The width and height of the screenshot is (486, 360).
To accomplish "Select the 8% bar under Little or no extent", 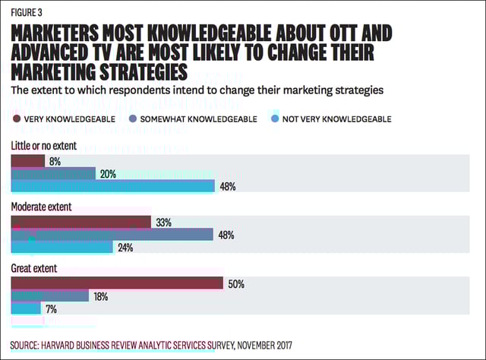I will coord(27,161).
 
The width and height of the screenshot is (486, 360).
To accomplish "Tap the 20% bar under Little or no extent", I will coord(52,173).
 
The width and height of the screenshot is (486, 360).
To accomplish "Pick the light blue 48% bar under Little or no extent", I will coord(112,186).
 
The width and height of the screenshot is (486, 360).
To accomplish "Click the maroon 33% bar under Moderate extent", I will coord(80,223).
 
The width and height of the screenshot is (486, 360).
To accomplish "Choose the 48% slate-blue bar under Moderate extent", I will coord(112,235).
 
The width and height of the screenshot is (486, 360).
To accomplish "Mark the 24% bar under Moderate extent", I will coord(62,247).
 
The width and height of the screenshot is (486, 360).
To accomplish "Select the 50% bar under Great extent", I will coord(116,284).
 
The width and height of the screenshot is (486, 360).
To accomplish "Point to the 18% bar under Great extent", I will coord(49,296).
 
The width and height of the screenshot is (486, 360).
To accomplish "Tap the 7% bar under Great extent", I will coord(25,308).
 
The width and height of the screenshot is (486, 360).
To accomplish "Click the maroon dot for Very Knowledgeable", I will coord(15,118).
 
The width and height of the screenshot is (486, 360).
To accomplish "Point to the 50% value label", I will coord(235,284).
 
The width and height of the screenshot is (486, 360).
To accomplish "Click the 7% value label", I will coord(50,309).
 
